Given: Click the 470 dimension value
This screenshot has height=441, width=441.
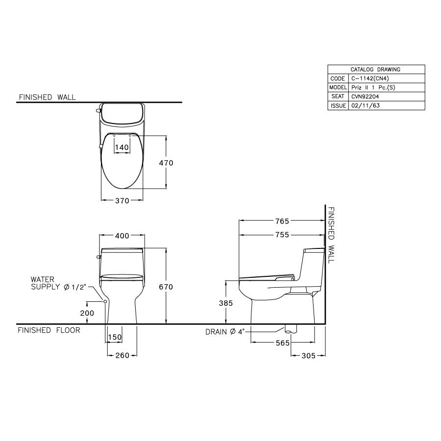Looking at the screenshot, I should (166, 163).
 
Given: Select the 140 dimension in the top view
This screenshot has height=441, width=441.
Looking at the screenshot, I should (122, 147).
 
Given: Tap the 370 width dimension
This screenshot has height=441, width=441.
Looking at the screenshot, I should (122, 200).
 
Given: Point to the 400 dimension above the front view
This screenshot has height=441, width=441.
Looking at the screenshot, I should (122, 236).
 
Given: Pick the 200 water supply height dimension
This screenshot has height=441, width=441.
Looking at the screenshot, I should (87, 312).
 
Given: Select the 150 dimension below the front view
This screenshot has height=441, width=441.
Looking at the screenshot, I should (115, 337).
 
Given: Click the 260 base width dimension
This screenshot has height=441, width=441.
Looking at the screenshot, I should (122, 355).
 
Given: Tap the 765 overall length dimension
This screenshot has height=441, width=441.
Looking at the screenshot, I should (282, 221).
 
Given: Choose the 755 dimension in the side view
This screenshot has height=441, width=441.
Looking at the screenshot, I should (282, 235).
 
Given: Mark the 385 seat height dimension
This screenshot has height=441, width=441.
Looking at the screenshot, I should (225, 303).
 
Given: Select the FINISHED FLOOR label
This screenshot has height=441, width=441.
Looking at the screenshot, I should (49, 330).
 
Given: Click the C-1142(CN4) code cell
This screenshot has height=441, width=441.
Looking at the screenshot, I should (370, 78).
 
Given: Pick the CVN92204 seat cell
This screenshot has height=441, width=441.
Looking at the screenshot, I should (366, 97).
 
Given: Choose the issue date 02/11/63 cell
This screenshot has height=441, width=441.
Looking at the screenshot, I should (365, 106).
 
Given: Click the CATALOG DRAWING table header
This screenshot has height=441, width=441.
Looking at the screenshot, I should (375, 70).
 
